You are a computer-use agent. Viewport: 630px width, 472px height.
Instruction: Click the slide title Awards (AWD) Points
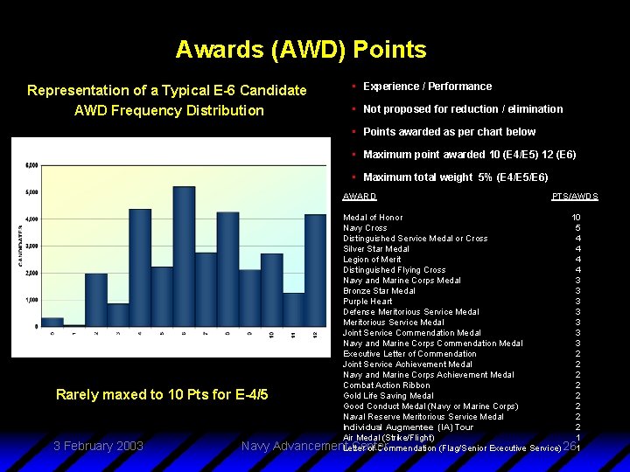tap(300, 49)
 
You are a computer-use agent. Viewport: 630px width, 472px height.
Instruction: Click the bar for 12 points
tap(316, 270)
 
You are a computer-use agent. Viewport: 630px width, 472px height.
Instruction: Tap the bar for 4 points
tap(140, 267)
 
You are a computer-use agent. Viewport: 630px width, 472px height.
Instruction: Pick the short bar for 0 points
tap(52, 322)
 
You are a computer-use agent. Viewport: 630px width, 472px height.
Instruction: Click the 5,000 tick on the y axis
tap(31, 191)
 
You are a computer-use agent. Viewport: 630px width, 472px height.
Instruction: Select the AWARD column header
tap(360, 197)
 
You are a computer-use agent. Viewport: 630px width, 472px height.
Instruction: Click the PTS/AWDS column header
tap(575, 197)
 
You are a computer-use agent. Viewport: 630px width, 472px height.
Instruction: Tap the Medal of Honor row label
tap(373, 218)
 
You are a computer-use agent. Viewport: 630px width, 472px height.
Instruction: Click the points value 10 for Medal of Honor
tap(576, 218)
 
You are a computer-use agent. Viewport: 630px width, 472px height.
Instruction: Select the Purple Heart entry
tap(367, 302)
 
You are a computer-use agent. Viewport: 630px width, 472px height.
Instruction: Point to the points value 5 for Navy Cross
tap(577, 228)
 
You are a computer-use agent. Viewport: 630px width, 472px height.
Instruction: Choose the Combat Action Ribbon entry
tap(386, 385)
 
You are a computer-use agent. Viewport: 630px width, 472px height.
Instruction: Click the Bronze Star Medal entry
tap(379, 291)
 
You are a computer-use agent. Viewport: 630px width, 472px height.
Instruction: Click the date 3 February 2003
tap(98, 446)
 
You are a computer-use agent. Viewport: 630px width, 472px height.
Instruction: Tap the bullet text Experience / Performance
tap(427, 87)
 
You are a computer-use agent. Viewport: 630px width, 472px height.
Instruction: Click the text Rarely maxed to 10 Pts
tap(161, 394)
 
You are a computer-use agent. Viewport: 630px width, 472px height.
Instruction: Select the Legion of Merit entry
tap(372, 260)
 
